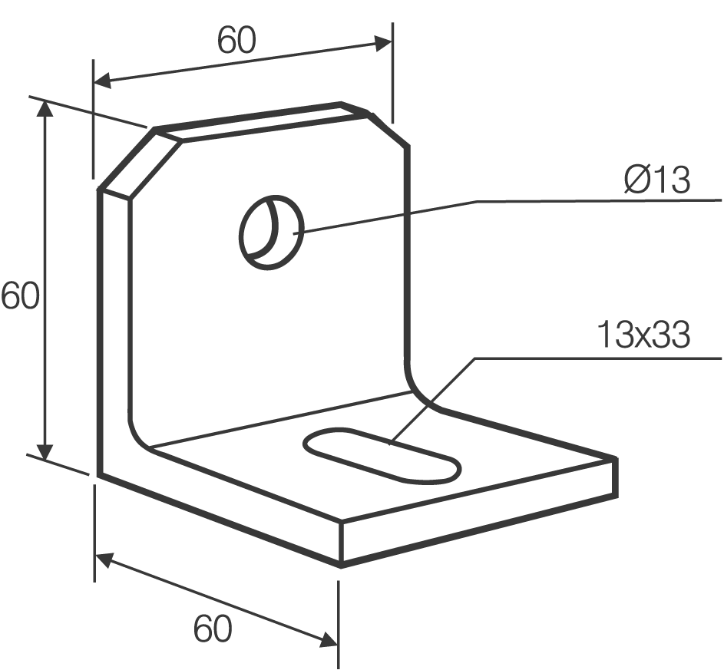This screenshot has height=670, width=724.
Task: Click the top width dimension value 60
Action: pyautogui.click(x=236, y=40)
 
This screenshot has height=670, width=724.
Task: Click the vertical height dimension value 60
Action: pyautogui.click(x=19, y=295)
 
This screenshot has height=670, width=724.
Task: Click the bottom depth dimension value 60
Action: pyautogui.click(x=213, y=629)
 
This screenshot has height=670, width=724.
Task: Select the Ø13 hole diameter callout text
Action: pyautogui.click(x=657, y=180)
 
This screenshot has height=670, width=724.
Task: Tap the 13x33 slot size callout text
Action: pyautogui.click(x=643, y=335)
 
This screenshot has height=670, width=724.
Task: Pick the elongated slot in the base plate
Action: pyautogui.click(x=382, y=455)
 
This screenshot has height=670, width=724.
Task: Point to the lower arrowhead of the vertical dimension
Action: pyautogui.click(x=45, y=451)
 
